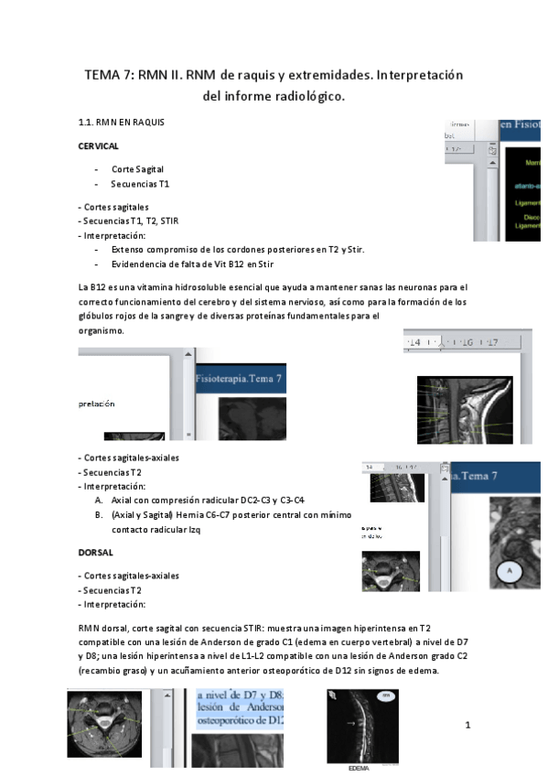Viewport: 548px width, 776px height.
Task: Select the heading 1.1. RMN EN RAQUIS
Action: (122, 122)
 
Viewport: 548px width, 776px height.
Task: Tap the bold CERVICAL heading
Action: (99, 145)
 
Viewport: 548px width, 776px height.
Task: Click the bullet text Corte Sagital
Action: (138, 169)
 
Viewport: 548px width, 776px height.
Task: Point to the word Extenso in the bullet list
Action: (129, 249)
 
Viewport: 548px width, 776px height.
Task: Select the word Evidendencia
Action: (142, 264)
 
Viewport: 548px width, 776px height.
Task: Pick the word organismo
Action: (101, 330)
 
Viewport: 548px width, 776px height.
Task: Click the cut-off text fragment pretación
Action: (97, 403)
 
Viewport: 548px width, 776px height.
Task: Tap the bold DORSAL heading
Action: (96, 553)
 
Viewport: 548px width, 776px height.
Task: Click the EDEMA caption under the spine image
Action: (359, 769)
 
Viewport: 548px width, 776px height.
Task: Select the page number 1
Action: (467, 726)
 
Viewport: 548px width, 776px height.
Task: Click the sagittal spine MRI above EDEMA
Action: (361, 726)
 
